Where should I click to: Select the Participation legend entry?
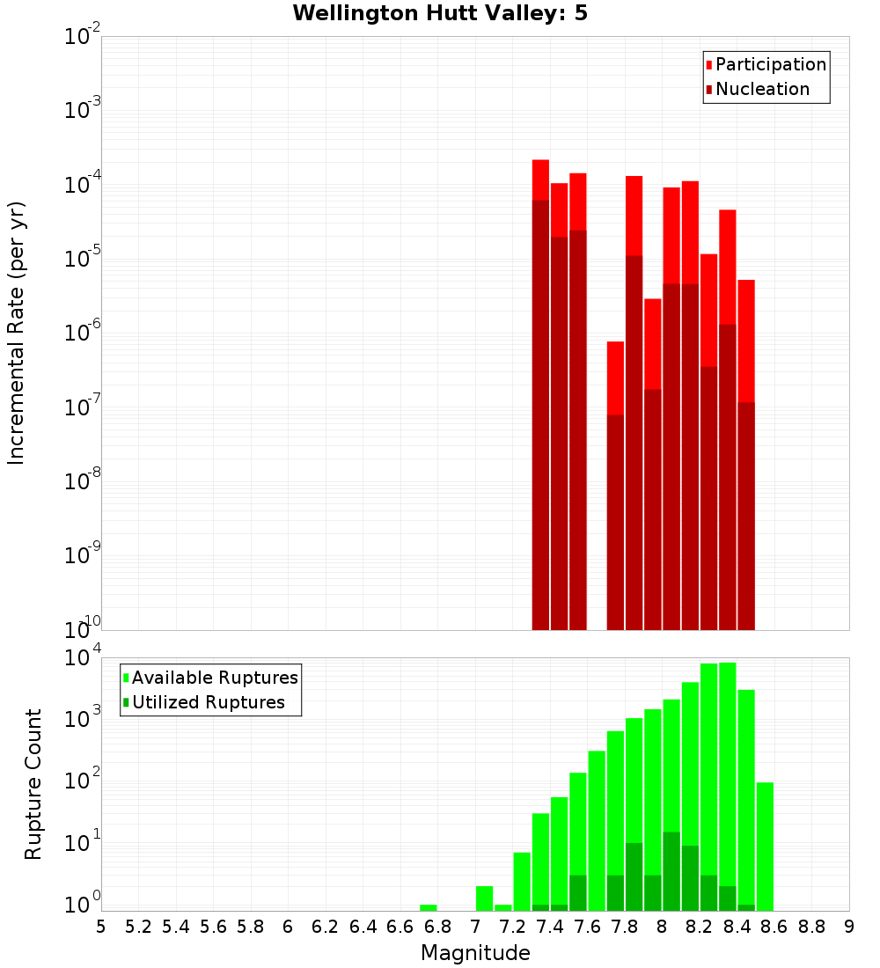770,64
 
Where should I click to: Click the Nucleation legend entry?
761,89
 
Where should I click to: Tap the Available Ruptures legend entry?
214,678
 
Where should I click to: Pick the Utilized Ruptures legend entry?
208,702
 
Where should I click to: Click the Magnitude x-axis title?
475,953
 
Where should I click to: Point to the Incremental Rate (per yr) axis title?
17,333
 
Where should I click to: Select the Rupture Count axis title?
33,783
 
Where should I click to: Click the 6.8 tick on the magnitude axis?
437,927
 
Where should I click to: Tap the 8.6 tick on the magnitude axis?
774,927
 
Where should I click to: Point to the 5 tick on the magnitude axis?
101,927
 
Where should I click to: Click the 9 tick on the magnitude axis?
849,927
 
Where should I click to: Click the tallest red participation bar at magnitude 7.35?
540,180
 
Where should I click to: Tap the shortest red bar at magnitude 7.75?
615,378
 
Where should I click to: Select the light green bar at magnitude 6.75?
429,907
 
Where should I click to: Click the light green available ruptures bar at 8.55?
765,845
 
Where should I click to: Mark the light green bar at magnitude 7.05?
484,898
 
